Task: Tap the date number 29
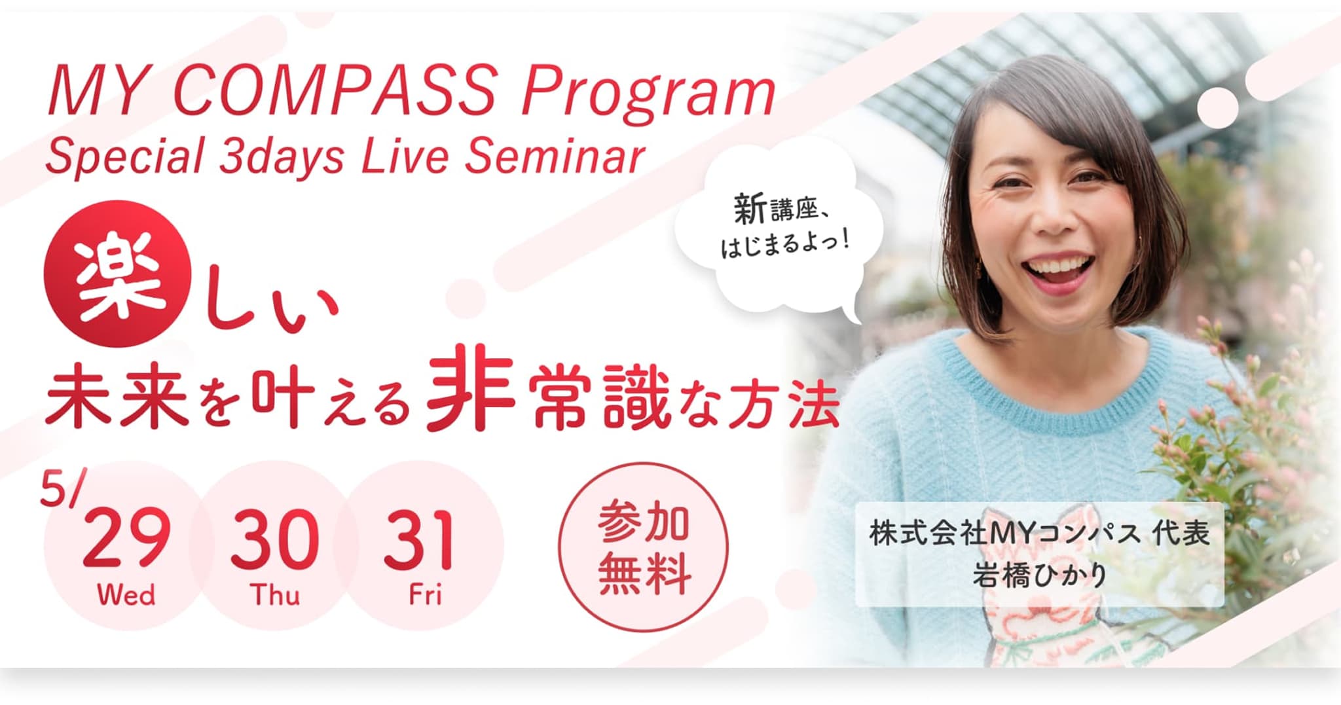click(126, 539)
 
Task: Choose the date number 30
click(274, 539)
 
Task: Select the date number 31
click(418, 539)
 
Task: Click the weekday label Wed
click(126, 595)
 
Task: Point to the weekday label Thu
click(275, 595)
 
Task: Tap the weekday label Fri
click(425, 595)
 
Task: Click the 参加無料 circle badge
click(643, 547)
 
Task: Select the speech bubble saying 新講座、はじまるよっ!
click(779, 229)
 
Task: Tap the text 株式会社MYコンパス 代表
click(1039, 533)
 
